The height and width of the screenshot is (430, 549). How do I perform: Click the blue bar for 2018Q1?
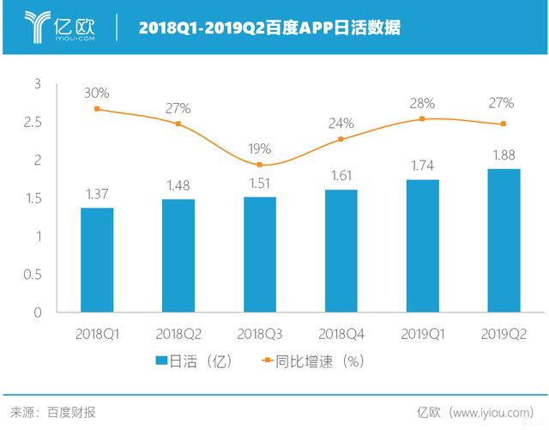click(x=97, y=260)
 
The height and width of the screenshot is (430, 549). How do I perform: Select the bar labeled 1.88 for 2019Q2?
click(x=504, y=240)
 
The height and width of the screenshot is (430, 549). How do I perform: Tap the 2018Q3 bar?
click(x=260, y=254)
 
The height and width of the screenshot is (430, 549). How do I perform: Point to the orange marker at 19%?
click(x=260, y=165)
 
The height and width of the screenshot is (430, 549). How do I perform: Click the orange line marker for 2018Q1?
click(x=97, y=109)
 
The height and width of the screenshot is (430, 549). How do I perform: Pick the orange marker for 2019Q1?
click(x=423, y=118)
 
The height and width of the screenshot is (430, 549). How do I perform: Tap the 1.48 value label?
click(x=178, y=184)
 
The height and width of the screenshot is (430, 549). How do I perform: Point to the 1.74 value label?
click(x=423, y=164)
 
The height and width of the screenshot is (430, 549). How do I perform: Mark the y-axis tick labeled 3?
click(x=38, y=84)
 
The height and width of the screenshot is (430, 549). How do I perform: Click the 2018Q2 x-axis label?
click(x=178, y=332)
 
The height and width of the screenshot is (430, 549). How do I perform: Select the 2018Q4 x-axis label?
click(x=341, y=332)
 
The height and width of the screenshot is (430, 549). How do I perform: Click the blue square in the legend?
click(x=160, y=360)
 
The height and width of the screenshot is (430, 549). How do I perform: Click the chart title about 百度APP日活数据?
click(x=268, y=27)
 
